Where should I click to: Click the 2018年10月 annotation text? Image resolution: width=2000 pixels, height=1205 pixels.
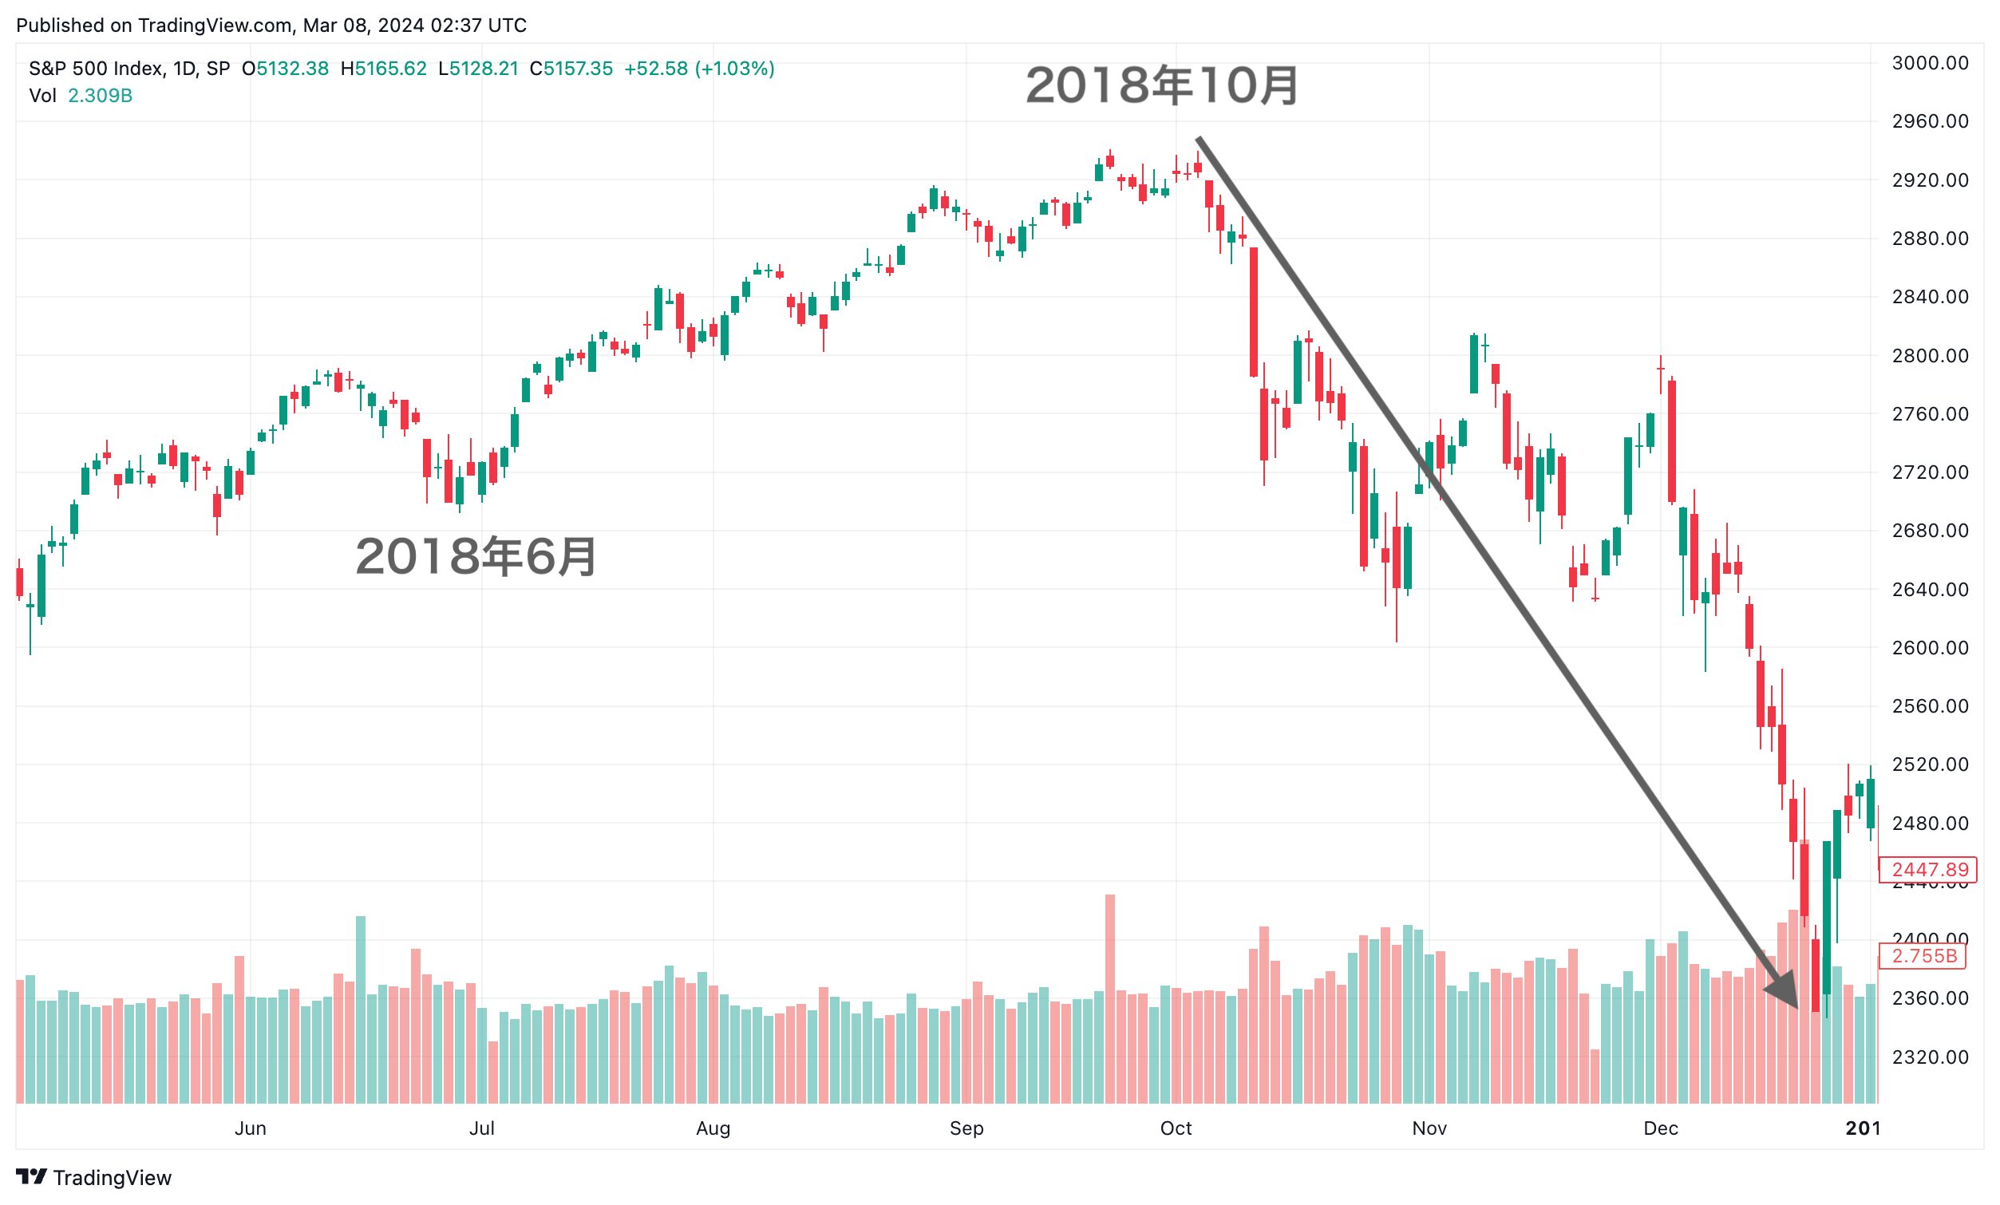(1161, 86)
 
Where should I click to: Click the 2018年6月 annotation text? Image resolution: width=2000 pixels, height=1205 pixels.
(476, 557)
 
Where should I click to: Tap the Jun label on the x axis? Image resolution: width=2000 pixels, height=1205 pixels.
(250, 1128)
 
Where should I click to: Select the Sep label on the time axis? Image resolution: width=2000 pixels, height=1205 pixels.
(966, 1128)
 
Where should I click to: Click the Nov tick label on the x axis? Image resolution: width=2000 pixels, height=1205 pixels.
(1429, 1128)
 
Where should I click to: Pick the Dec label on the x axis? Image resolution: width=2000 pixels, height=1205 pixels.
(1660, 1128)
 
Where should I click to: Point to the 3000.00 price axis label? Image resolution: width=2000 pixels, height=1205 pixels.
(1930, 63)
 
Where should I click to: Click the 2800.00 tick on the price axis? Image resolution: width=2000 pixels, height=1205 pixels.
(1930, 355)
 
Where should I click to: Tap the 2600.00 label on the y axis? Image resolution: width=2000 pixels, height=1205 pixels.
(1930, 647)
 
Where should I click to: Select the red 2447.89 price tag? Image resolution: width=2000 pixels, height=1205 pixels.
(1930, 870)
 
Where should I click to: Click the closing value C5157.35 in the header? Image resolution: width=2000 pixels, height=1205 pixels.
(571, 69)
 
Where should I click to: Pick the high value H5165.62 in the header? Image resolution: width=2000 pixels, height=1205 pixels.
(383, 69)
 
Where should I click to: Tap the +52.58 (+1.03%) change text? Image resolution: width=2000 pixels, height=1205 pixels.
(699, 69)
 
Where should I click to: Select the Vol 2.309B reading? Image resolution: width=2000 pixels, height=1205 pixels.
(81, 96)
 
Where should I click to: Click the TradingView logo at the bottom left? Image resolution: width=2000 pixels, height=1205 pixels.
(93, 1177)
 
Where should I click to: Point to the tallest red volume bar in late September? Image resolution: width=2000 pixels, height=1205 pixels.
(1109, 998)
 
